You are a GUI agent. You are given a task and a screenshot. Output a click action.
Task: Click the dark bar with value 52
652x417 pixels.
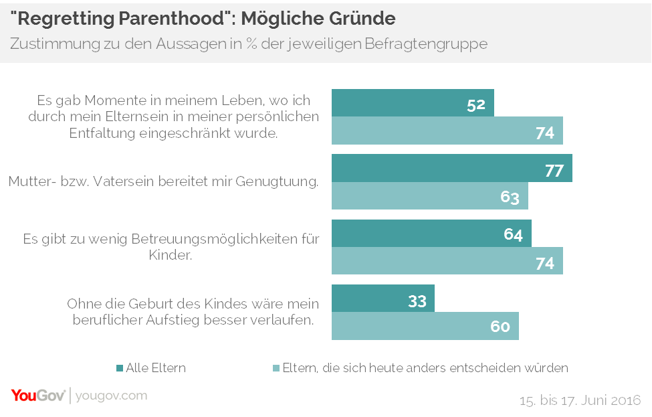(413, 102)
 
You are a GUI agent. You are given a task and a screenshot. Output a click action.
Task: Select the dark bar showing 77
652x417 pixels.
(452, 168)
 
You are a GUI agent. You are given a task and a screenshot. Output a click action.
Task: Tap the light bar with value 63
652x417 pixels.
(430, 196)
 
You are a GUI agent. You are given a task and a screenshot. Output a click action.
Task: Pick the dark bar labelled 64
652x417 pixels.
(431, 233)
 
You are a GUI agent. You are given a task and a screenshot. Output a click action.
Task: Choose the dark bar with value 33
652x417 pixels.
(383, 299)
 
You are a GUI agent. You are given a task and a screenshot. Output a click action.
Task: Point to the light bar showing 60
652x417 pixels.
(425, 326)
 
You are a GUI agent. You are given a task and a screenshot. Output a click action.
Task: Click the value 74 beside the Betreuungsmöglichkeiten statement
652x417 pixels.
(545, 262)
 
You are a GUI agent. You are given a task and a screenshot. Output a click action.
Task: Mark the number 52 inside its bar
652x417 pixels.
(476, 105)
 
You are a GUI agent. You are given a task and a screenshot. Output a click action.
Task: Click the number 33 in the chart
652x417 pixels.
(417, 301)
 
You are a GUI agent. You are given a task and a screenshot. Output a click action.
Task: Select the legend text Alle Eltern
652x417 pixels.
(156, 367)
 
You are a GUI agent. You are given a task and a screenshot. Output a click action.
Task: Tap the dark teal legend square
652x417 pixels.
(120, 367)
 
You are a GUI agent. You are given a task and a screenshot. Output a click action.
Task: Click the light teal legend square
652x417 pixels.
(277, 367)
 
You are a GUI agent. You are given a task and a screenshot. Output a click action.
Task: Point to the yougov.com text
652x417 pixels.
(111, 396)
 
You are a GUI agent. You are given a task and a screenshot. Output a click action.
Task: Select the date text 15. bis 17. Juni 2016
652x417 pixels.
(580, 401)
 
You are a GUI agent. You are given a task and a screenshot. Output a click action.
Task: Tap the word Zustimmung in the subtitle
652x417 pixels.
(49, 44)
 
